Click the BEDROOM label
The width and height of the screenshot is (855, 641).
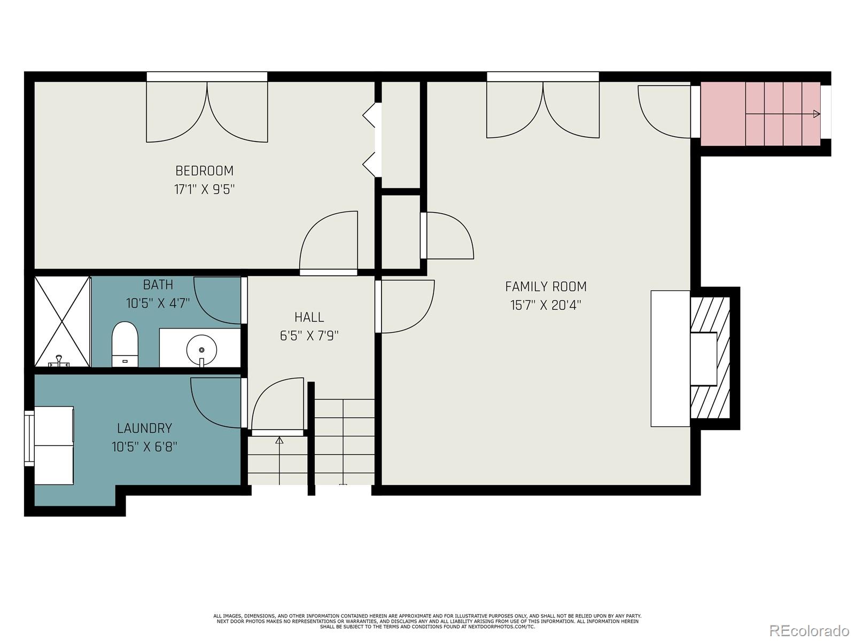tap(205, 171)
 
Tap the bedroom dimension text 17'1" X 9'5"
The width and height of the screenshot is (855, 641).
tap(205, 190)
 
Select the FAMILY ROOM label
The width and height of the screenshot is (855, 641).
tap(546, 287)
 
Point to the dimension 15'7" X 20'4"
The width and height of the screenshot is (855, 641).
tap(546, 306)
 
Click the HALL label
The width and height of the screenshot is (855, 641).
tap(309, 317)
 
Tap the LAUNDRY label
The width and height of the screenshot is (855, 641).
tap(144, 428)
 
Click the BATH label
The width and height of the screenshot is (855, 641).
tap(158, 285)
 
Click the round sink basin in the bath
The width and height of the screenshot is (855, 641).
tap(201, 350)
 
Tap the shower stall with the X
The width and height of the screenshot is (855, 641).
tap(62, 321)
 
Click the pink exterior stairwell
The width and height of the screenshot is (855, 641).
tap(760, 114)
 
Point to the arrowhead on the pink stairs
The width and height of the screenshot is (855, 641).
tap(817, 114)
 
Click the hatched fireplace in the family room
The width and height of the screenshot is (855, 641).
tap(710, 357)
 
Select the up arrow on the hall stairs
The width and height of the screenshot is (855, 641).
tap(279, 441)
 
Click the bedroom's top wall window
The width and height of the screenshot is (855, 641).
tap(207, 77)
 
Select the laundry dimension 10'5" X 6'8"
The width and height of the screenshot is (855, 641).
tap(144, 447)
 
